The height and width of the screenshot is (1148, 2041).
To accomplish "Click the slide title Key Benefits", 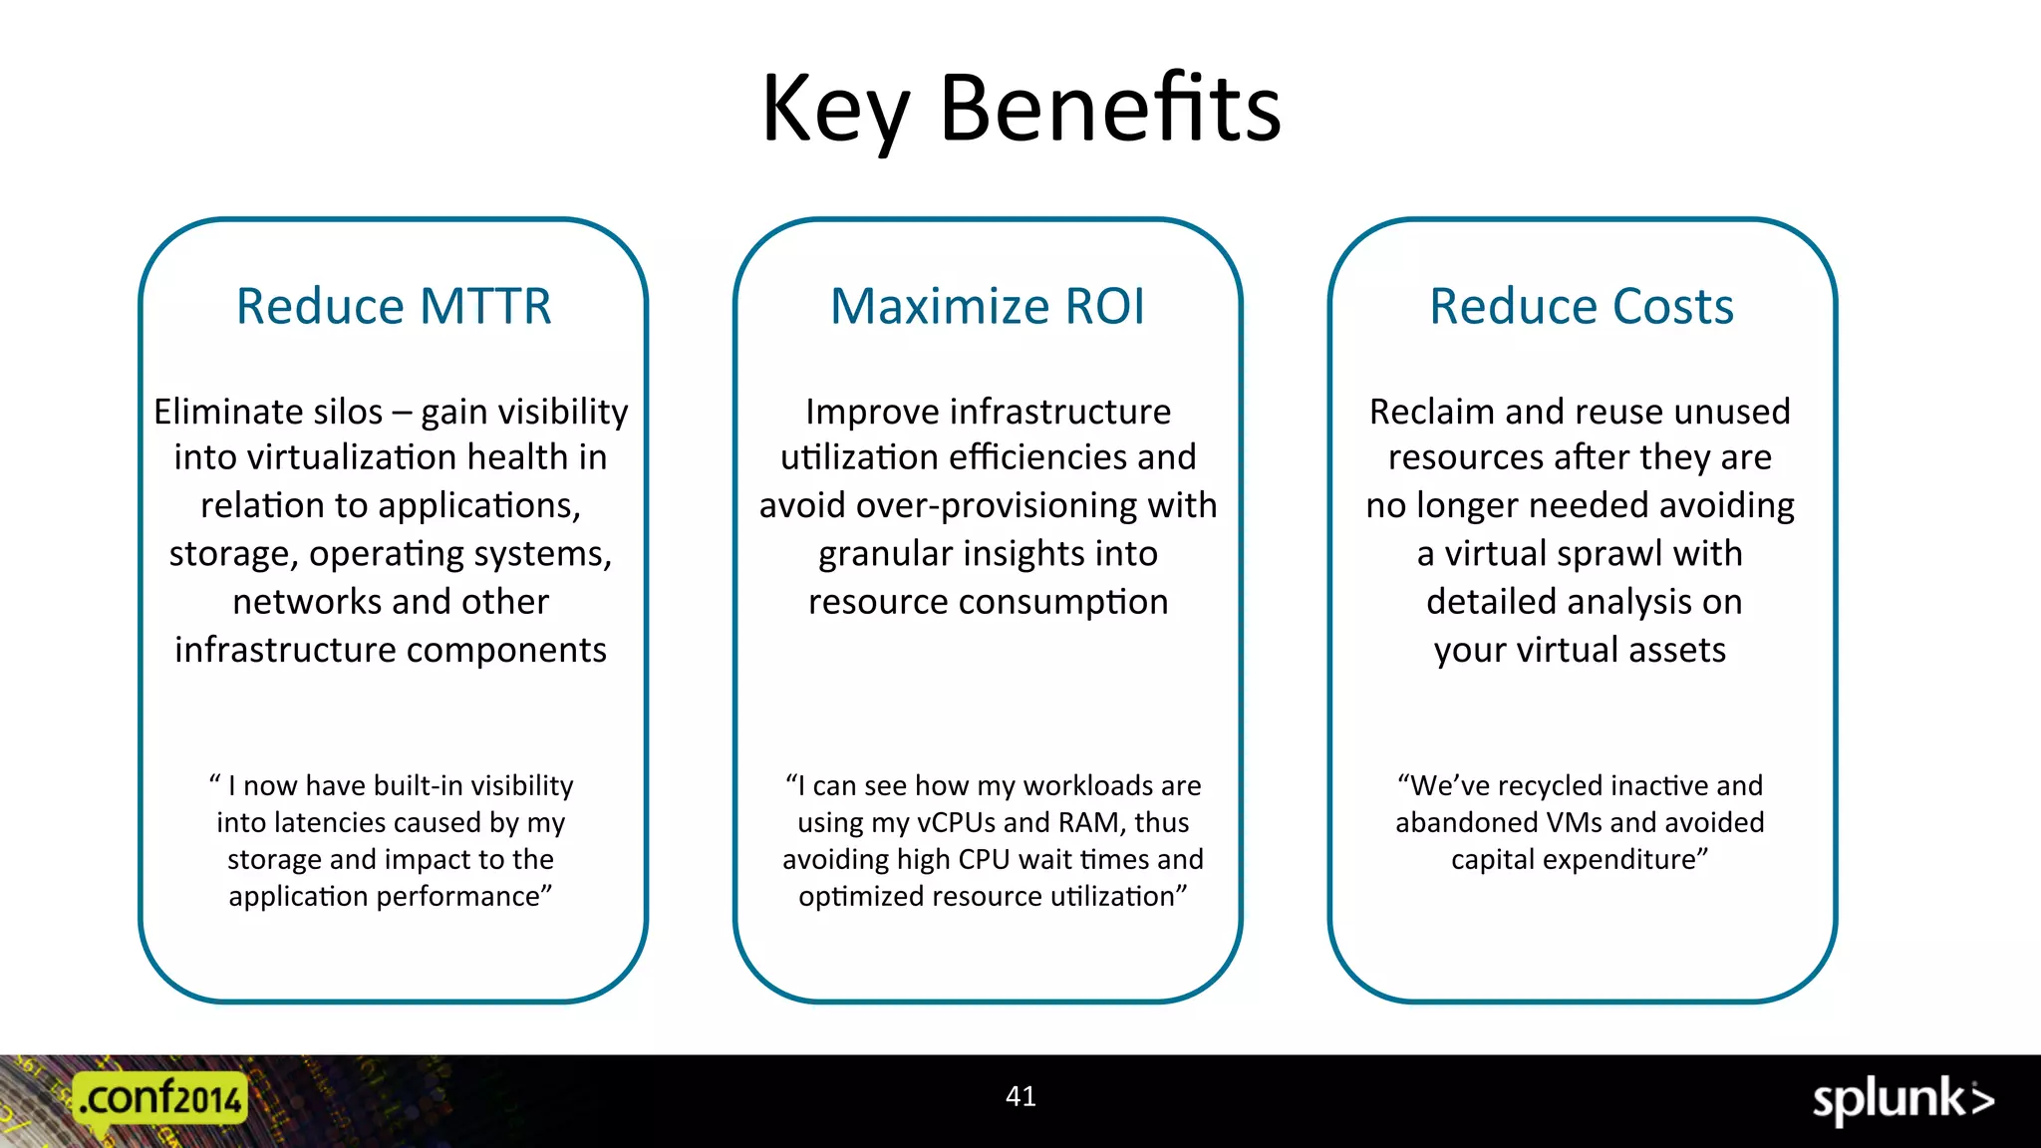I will [x=1020, y=110].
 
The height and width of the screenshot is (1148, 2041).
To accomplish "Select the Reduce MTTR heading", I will [x=394, y=306].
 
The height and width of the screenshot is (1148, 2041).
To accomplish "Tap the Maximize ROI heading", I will [x=988, y=306].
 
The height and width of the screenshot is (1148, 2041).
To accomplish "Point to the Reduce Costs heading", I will [x=1582, y=306].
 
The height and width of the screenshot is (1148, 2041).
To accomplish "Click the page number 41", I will [x=1020, y=1096].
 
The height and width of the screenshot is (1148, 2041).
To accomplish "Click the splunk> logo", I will [x=1902, y=1100].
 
